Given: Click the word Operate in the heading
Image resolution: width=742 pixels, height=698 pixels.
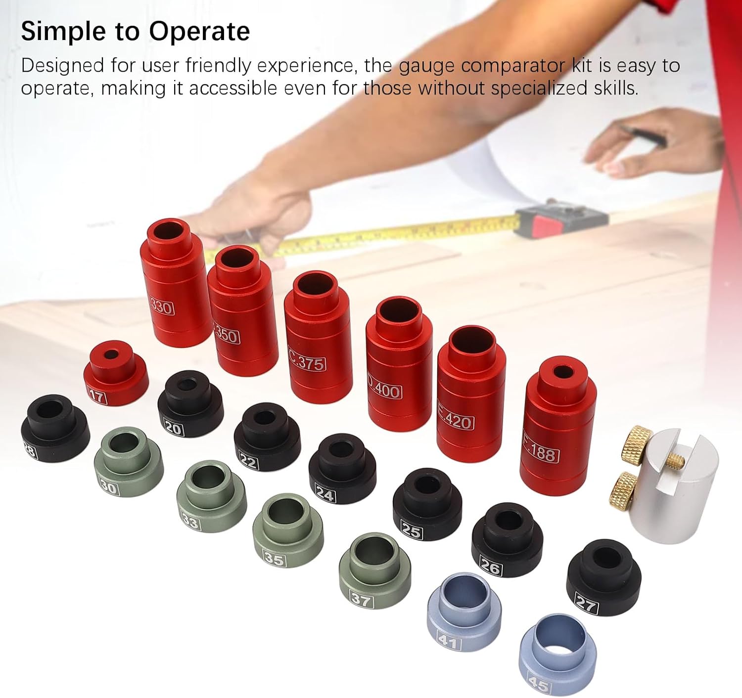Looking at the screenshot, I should [199, 32].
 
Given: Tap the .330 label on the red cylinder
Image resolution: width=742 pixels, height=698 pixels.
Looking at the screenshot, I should [161, 307].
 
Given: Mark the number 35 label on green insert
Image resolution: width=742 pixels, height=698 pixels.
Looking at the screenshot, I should [274, 559].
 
